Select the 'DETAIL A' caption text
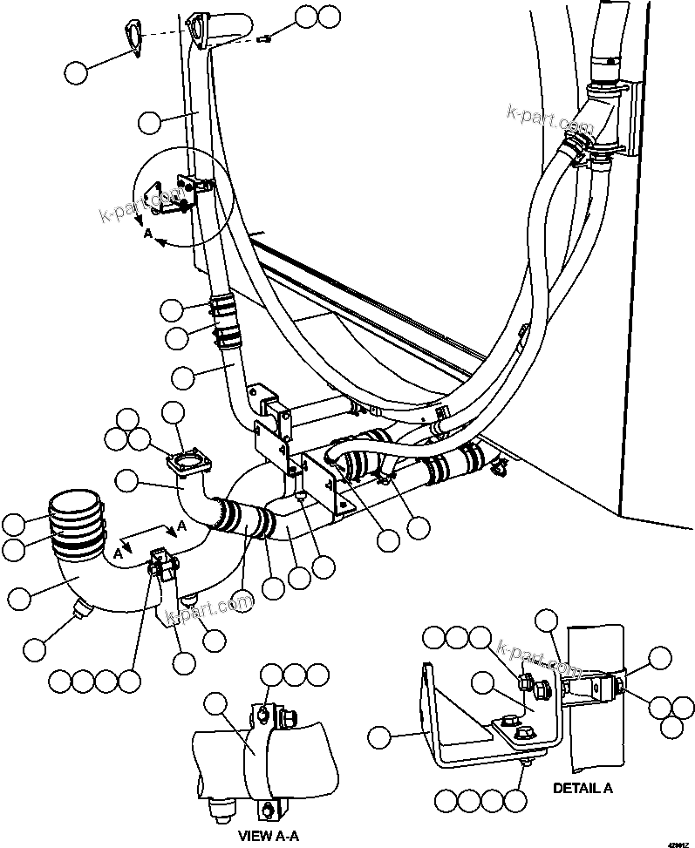(583, 788)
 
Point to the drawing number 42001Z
(678, 843)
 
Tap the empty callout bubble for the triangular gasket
(77, 72)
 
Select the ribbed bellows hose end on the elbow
(76, 526)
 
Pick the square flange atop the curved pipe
(191, 461)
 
